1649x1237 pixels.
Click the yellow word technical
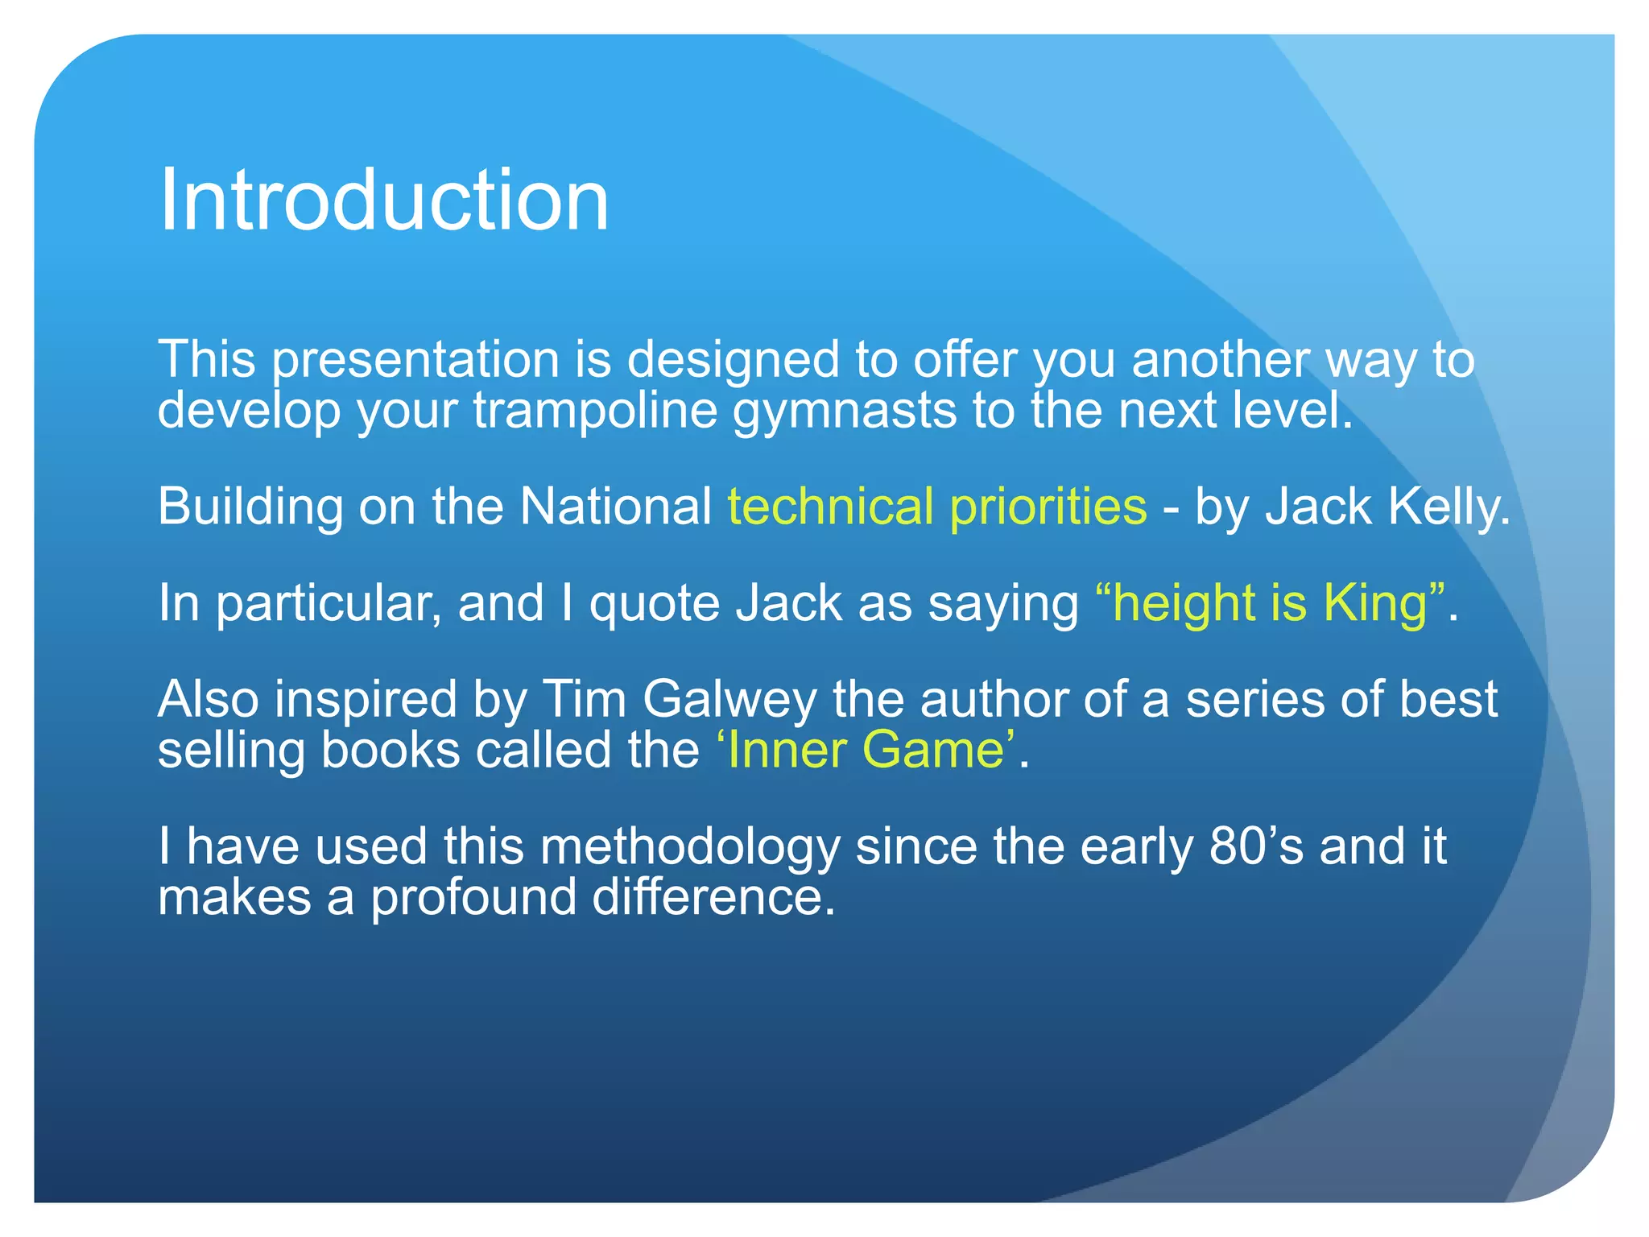(x=830, y=507)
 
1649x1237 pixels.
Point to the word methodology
(x=690, y=847)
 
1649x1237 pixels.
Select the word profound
(x=473, y=897)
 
